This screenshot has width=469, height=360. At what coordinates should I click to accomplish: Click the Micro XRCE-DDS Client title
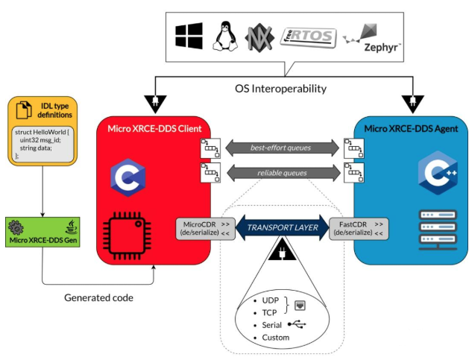click(x=154, y=127)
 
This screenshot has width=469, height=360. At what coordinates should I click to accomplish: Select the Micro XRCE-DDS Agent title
click(x=412, y=127)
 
